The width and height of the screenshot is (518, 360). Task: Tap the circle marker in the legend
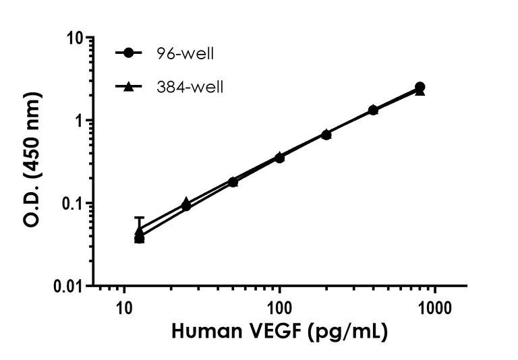128,53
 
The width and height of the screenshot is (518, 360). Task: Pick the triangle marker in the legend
128,86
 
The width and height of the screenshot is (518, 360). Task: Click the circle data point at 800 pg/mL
420,87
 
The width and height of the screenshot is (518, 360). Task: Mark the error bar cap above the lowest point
140,217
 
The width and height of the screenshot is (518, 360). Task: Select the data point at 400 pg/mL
373,110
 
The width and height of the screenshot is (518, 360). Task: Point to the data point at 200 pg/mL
326,135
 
